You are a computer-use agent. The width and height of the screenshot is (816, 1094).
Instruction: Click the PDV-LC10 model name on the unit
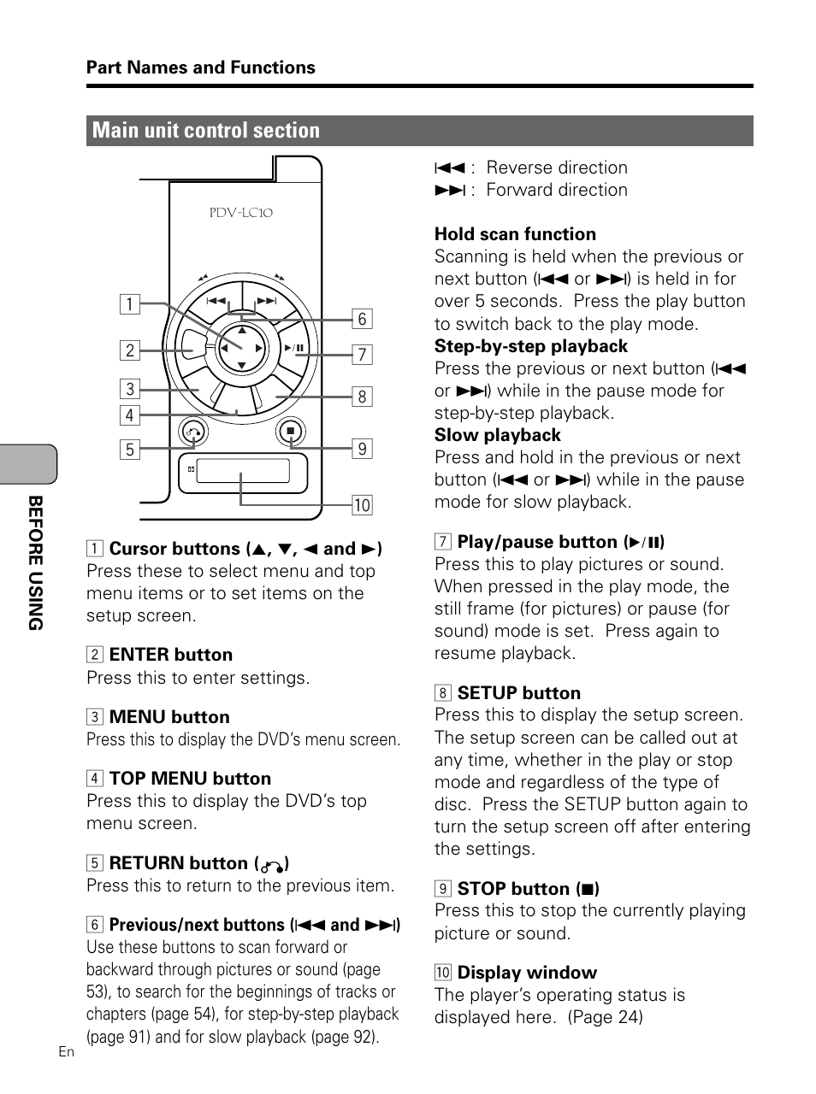pos(241,213)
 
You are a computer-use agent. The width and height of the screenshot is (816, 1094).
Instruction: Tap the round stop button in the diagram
pos(291,432)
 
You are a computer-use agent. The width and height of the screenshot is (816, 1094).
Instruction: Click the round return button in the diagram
pos(193,432)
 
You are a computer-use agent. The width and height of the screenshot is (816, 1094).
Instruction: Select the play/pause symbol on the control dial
pos(293,348)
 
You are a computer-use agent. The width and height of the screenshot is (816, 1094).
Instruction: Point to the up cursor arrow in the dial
pos(242,330)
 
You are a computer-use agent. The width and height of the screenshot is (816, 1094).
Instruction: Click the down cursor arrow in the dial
pos(242,366)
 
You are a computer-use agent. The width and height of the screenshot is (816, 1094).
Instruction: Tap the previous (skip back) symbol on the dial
pos(216,301)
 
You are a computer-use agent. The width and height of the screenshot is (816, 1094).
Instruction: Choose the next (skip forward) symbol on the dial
pos(267,301)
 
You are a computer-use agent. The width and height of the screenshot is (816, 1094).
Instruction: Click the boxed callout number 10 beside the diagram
pos(362,505)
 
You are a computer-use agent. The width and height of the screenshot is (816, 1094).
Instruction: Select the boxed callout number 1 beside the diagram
pos(129,305)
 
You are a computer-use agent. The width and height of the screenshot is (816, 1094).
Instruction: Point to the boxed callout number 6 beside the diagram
pos(362,319)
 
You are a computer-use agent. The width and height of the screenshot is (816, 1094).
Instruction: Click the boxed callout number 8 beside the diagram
pos(362,397)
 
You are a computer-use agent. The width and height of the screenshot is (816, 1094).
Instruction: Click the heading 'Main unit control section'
pos(206,131)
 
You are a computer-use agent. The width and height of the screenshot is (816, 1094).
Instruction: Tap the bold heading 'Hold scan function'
pos(515,234)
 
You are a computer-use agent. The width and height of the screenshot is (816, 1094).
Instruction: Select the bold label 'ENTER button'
pos(171,655)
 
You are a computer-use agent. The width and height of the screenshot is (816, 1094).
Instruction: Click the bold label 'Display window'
pos(527,973)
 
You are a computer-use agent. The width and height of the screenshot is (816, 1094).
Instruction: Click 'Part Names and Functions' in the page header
pos(201,68)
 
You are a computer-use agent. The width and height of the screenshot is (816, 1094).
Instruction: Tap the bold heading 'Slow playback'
pos(497,435)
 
